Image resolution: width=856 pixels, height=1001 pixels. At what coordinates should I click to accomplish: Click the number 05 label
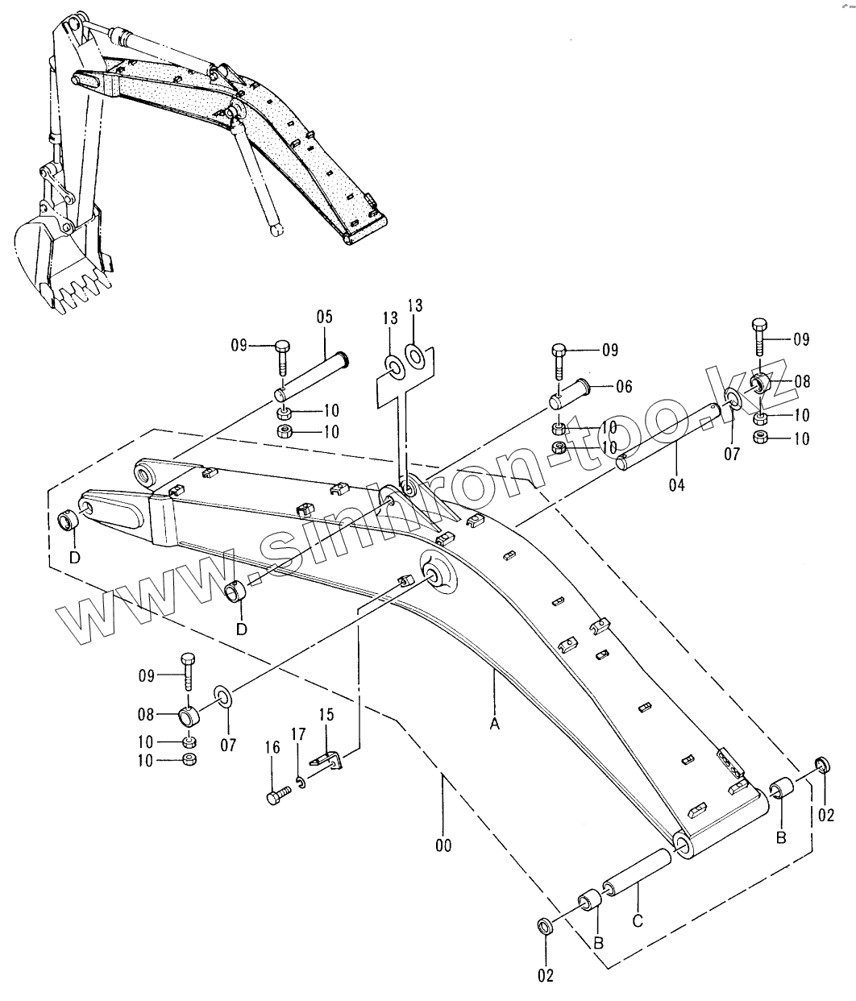(x=324, y=317)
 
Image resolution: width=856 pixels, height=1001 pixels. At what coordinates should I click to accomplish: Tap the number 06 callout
(x=623, y=387)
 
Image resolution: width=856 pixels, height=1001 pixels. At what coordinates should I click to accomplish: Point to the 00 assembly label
(x=443, y=845)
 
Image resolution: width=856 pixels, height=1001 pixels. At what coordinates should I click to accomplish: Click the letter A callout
(x=495, y=725)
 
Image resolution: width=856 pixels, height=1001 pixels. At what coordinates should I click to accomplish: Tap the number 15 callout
(x=326, y=714)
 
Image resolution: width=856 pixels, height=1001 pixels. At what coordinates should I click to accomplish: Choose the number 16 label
(x=272, y=748)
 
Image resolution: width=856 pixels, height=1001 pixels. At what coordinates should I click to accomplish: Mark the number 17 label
(x=298, y=733)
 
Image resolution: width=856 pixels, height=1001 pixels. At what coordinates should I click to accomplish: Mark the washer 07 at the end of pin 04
(x=733, y=400)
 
